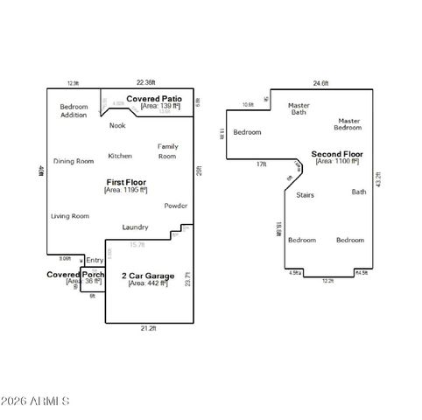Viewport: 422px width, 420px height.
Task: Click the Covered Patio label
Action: click(x=154, y=99)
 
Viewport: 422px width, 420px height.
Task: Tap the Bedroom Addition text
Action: click(x=74, y=111)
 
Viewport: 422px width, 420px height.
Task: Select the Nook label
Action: click(x=117, y=125)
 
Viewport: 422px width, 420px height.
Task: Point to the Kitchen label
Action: click(x=120, y=156)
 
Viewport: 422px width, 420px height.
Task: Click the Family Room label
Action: click(x=167, y=150)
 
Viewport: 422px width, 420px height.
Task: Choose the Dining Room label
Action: click(x=73, y=161)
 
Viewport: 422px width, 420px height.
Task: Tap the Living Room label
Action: click(x=69, y=215)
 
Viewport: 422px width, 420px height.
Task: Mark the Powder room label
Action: click(x=175, y=206)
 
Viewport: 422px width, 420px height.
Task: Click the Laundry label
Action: click(x=135, y=227)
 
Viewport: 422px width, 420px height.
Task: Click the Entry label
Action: click(x=95, y=260)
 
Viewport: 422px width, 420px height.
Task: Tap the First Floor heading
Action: click(x=126, y=180)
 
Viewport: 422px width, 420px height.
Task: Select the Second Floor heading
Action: click(x=336, y=153)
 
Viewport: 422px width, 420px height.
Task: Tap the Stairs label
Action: click(x=305, y=194)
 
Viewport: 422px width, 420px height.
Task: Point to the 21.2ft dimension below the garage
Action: click(x=148, y=328)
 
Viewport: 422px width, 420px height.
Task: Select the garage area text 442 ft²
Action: click(x=147, y=283)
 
